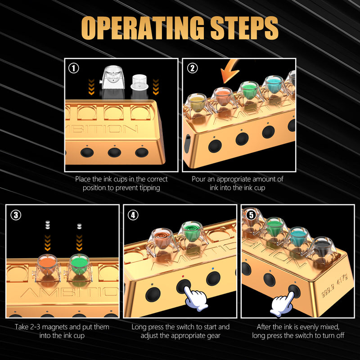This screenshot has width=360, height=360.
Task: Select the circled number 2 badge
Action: [193, 68]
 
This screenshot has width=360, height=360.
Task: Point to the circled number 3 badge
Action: [16, 215]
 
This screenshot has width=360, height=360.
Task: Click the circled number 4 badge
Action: [133, 215]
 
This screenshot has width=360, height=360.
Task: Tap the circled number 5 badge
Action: [251, 215]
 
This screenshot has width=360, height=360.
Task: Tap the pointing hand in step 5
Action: [283, 304]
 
